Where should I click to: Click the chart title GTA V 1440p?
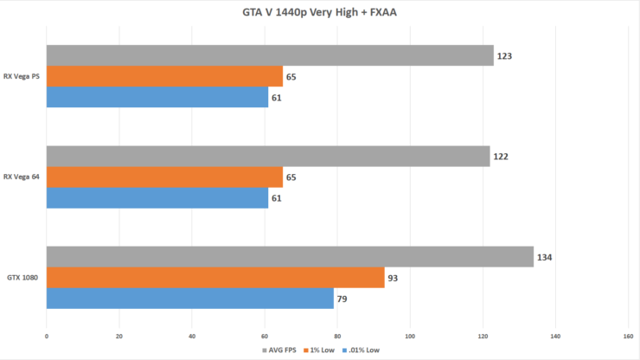click(x=319, y=13)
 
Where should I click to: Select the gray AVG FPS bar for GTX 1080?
click(x=290, y=257)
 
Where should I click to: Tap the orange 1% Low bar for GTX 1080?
click(x=215, y=278)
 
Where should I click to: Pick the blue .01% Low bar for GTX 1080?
click(x=189, y=299)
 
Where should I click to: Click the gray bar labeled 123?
click(x=270, y=56)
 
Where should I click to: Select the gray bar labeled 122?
click(x=268, y=157)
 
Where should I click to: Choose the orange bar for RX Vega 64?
click(x=164, y=177)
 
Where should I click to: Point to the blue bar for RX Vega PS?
click(x=157, y=98)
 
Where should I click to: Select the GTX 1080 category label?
click(x=24, y=278)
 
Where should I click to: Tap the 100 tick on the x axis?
click(x=410, y=336)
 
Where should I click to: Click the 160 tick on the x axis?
click(x=628, y=336)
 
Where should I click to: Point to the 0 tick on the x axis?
click(x=47, y=336)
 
